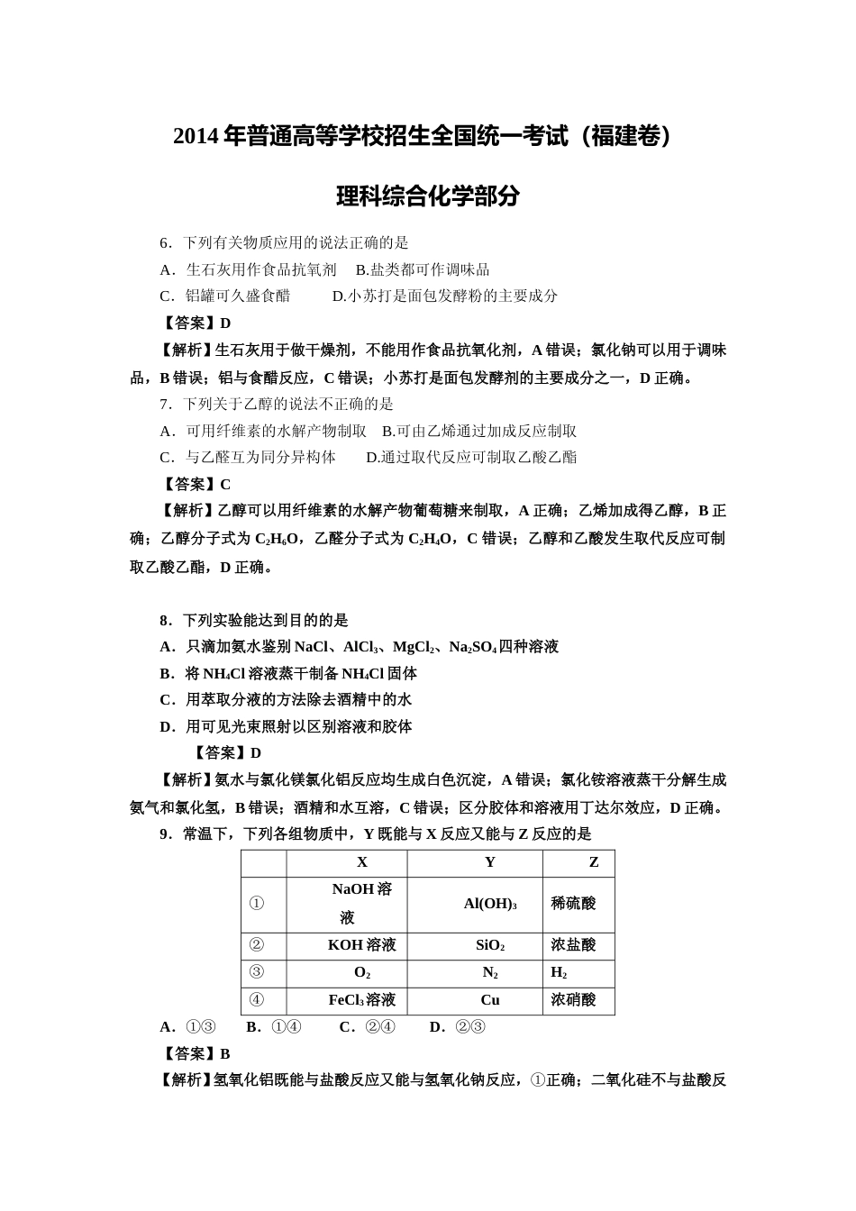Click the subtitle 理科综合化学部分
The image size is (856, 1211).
[427, 196]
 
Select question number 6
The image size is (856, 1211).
[165, 242]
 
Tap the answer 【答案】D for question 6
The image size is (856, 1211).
[196, 323]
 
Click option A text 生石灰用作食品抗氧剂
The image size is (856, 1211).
[260, 269]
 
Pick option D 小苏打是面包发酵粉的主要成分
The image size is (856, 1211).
[445, 296]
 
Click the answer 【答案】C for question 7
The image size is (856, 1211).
[196, 484]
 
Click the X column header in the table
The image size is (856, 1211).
[362, 862]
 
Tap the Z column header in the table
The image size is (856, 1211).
[594, 862]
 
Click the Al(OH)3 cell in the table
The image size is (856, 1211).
[490, 903]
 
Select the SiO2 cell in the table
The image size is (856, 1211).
[490, 945]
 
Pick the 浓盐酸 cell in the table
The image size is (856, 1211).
[573, 945]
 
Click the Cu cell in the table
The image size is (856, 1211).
[490, 1000]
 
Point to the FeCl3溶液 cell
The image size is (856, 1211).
[362, 1000]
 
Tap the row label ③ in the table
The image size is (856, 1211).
[257, 972]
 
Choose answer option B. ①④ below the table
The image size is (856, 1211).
[274, 1027]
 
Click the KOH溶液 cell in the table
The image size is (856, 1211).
[362, 945]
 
